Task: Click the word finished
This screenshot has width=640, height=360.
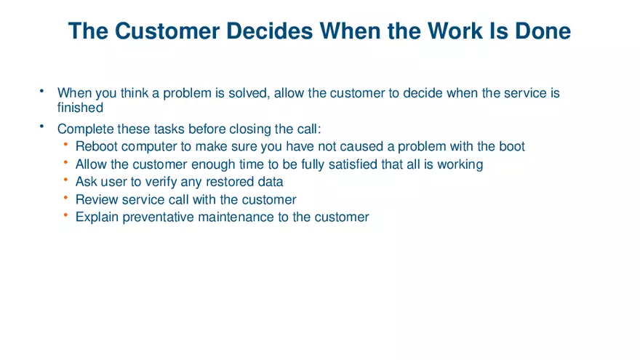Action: point(80,108)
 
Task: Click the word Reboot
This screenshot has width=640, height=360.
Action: point(97,146)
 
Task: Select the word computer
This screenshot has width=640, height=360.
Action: point(147,146)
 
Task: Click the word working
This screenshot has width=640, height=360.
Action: point(460,164)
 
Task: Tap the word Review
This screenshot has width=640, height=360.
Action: point(97,199)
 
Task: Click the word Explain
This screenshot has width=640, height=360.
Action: point(97,217)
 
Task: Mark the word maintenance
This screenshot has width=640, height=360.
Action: point(235,217)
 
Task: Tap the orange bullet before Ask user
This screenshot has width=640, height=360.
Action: point(66,180)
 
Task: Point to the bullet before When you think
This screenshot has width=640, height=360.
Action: point(42,92)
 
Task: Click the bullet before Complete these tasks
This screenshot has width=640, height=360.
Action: point(42,127)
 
